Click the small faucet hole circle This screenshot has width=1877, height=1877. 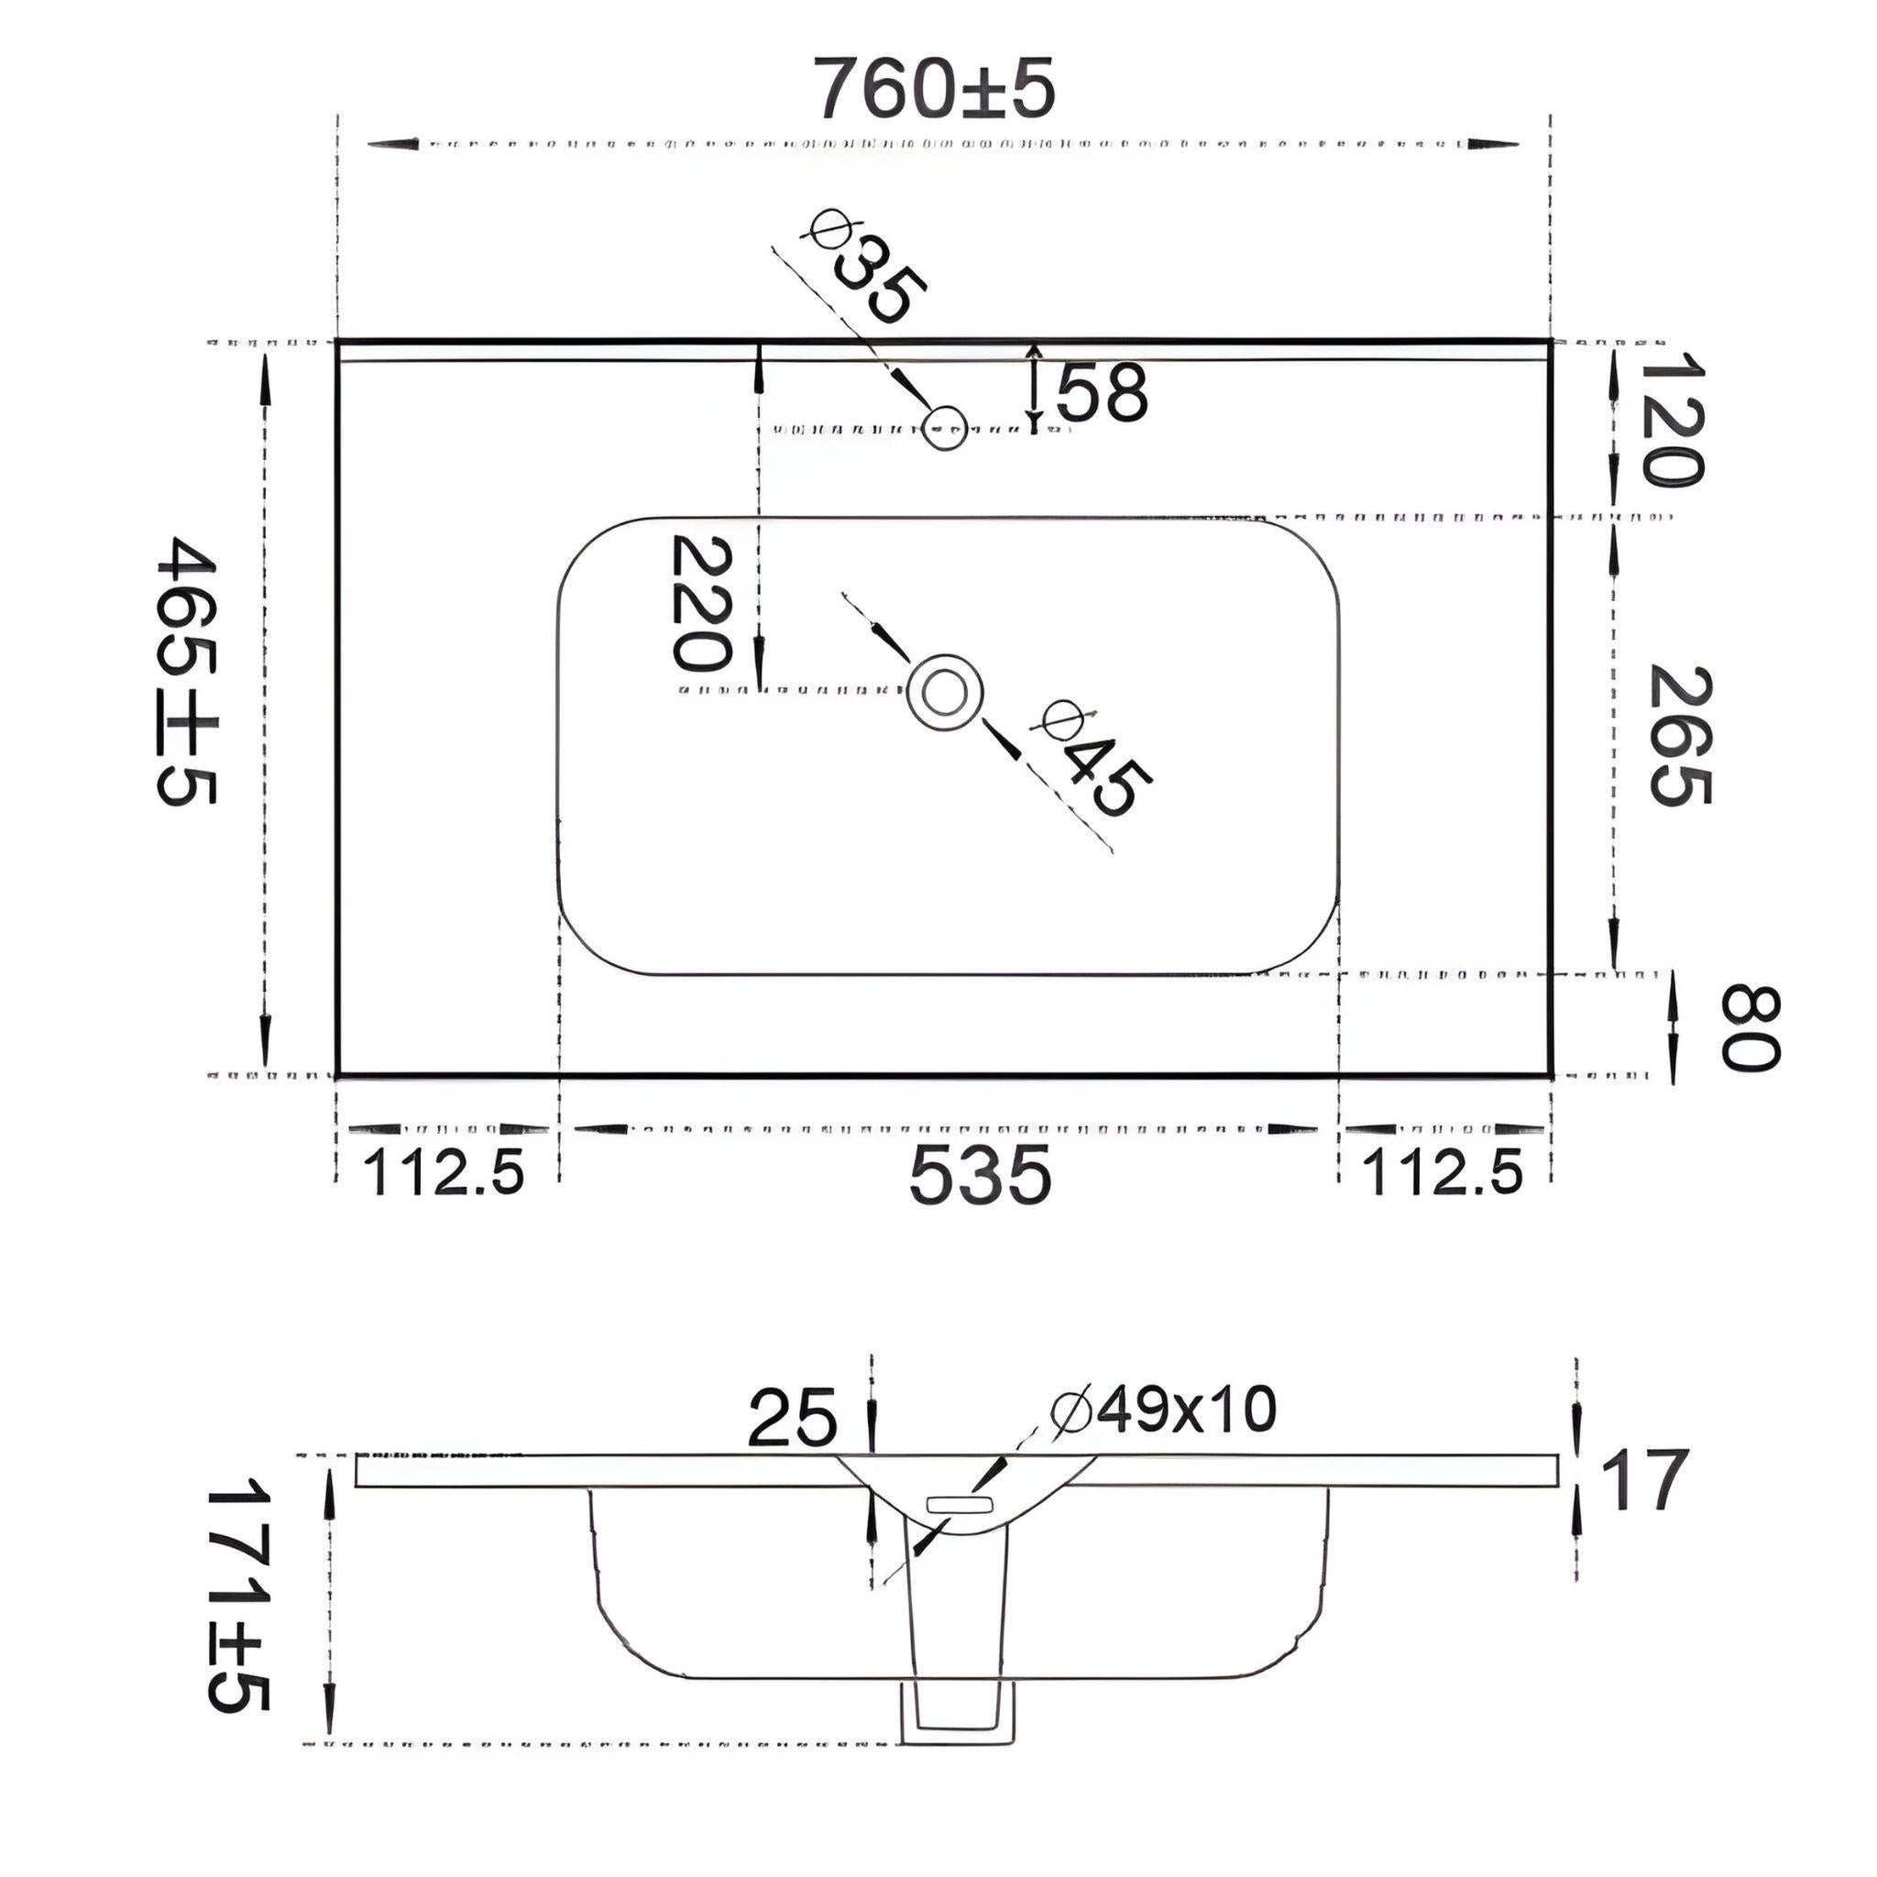944,427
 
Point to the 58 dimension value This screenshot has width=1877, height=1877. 1102,392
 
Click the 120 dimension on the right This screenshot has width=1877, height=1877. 1671,419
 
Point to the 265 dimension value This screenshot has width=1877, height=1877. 1680,734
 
